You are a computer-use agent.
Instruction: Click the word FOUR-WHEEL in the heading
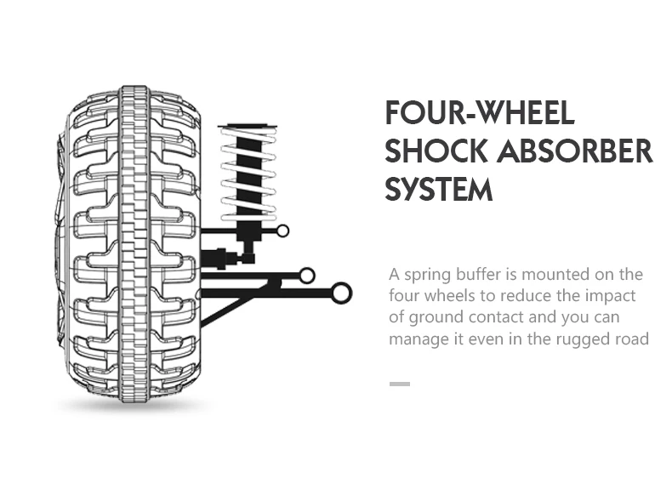[x=480, y=112]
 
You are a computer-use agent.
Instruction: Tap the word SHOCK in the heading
[x=436, y=151]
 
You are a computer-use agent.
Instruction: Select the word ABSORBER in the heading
[x=575, y=151]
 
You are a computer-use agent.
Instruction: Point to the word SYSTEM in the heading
[x=439, y=189]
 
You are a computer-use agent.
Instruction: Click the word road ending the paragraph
[x=632, y=339]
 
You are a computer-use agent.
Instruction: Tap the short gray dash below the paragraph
[x=400, y=384]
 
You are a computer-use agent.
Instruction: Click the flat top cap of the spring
[x=248, y=126]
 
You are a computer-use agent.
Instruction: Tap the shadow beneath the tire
[x=134, y=406]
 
